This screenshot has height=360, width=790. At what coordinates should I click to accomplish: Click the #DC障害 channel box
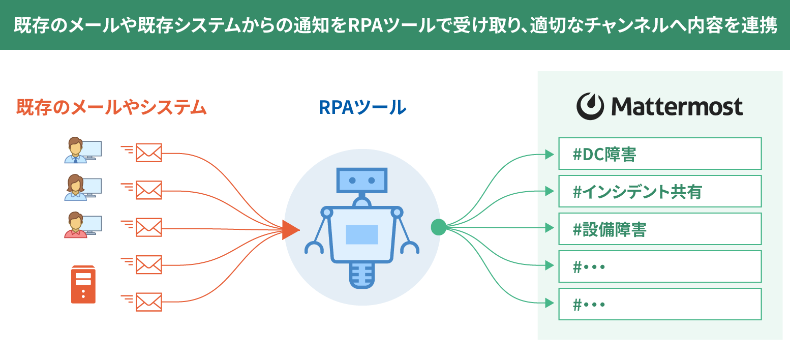pos(659,154)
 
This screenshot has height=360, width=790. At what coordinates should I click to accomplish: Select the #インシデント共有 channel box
pos(659,191)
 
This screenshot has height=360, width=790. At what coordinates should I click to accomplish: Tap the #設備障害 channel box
pos(659,229)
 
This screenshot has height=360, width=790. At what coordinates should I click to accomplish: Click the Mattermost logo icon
pos(590,106)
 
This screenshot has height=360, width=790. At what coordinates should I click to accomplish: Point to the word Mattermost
pos(677,107)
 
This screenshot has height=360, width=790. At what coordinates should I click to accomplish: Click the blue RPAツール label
pos(362,107)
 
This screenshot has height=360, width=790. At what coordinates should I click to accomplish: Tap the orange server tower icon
pos(83,285)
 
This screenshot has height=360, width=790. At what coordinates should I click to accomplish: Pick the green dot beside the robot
pos(438,227)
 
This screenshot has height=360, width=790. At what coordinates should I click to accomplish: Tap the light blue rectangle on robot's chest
pos(362,234)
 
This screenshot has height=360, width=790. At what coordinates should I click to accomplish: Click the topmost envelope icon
pos(149,152)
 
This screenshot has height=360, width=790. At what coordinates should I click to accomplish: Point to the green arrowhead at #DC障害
pos(549,154)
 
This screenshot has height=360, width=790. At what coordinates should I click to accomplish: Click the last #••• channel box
pos(659,304)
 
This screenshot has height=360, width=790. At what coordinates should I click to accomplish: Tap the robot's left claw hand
pos(314,248)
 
